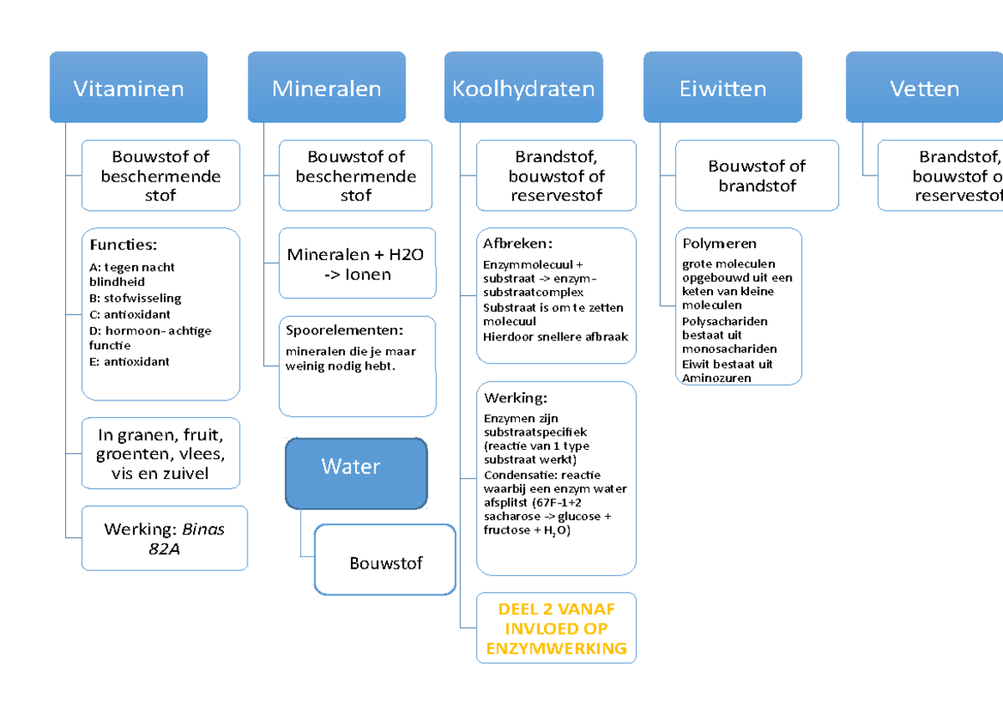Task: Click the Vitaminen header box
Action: click(x=128, y=88)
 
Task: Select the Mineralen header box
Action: click(x=326, y=88)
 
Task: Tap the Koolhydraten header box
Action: click(x=523, y=88)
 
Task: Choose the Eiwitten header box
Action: click(x=722, y=88)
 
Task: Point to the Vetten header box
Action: click(x=924, y=88)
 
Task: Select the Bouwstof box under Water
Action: click(x=385, y=563)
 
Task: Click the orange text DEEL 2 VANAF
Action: click(x=556, y=610)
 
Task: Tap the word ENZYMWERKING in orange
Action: click(x=556, y=648)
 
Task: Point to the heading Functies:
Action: click(x=123, y=245)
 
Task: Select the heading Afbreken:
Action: click(x=517, y=243)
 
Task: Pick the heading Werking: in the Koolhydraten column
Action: click(x=515, y=398)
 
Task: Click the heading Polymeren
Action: click(x=719, y=243)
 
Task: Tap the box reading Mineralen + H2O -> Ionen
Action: click(x=357, y=264)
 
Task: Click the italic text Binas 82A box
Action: click(x=164, y=538)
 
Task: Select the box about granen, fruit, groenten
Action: click(x=160, y=454)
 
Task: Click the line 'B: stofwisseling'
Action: click(x=134, y=298)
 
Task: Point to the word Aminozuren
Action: click(x=716, y=378)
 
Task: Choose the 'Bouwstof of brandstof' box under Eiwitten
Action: click(x=756, y=176)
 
